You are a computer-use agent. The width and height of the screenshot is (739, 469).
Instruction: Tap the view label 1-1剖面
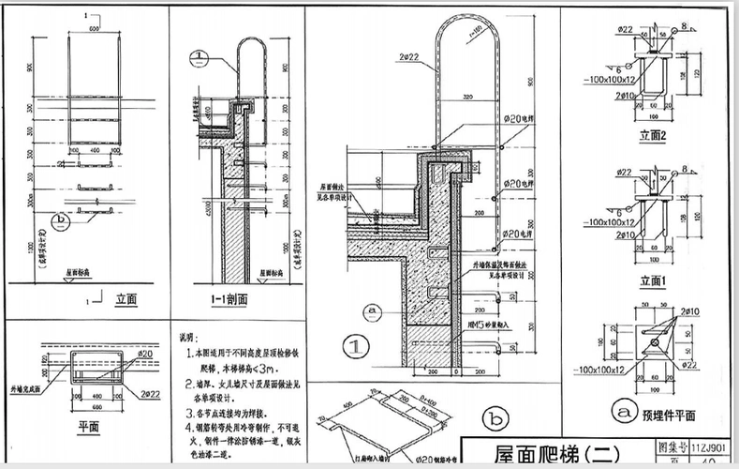[x=229, y=300]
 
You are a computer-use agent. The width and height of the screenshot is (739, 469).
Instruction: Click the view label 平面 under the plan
[x=90, y=424]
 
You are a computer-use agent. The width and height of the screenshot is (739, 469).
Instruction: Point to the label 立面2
[x=652, y=137]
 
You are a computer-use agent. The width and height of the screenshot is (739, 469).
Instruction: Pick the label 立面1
[x=652, y=280]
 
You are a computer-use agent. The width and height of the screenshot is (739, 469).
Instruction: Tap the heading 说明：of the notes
[x=188, y=336]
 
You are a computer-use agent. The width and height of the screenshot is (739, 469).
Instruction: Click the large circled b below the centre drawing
[x=493, y=417]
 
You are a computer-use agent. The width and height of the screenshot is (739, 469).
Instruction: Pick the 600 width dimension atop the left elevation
[x=95, y=29]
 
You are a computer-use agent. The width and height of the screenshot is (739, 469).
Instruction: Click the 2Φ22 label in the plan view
[x=146, y=388]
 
